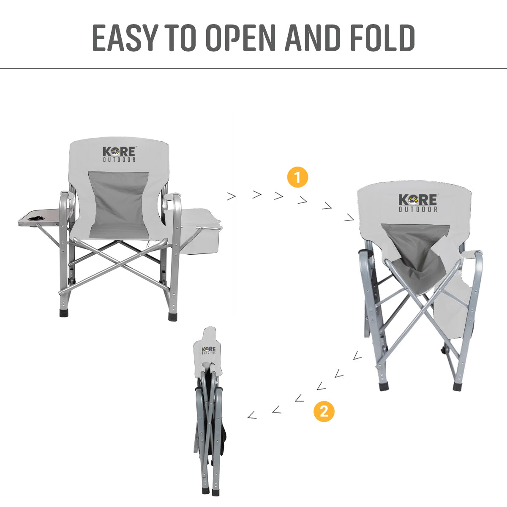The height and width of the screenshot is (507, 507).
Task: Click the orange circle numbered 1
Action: coord(297,177)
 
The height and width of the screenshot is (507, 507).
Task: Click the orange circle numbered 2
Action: coord(324,411)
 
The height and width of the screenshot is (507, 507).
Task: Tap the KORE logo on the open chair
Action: coord(120,152)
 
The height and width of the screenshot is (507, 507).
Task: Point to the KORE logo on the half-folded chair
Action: coord(418,200)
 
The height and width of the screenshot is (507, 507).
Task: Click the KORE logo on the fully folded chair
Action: coord(209,350)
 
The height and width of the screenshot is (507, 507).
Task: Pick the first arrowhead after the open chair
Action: coord(231,196)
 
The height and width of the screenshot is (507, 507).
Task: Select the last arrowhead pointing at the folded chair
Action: coord(252,415)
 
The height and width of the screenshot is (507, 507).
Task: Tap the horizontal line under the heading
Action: coord(253,68)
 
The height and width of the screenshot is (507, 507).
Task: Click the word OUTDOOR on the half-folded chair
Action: coord(418,209)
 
